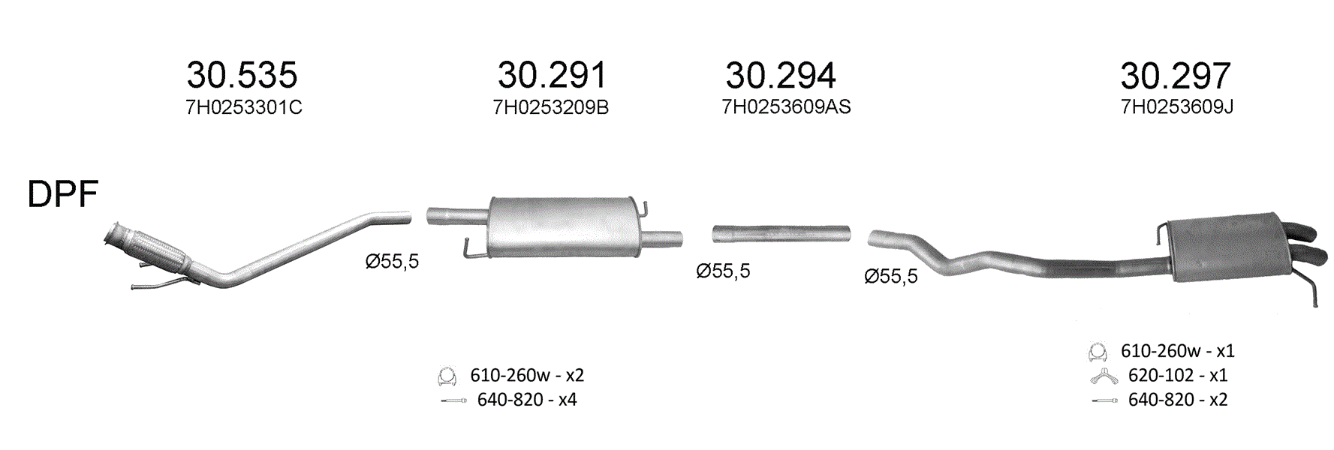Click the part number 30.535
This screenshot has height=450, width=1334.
[242, 75]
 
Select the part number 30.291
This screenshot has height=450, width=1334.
[551, 75]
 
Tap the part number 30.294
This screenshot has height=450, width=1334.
[780, 75]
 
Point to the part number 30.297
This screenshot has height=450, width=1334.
[1176, 75]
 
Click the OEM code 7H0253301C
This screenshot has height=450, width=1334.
[244, 107]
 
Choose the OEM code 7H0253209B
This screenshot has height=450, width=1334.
[550, 107]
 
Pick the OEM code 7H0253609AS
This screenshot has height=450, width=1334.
[786, 107]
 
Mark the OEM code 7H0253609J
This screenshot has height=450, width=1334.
[1176, 107]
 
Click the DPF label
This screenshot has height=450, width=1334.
[63, 194]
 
